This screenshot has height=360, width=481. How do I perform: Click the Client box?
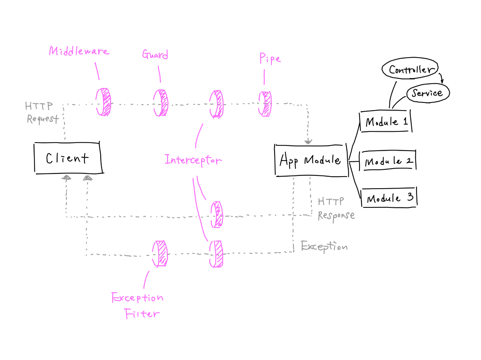pos(67,158)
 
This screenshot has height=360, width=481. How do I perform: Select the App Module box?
pos(311,160)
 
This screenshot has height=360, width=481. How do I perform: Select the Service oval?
pos(428,93)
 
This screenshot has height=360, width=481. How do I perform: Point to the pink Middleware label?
pos(79,51)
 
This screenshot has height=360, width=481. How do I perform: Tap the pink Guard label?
pos(155,54)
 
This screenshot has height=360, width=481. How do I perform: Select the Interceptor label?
pos(193,160)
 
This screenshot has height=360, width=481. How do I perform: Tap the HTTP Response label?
pos(336,208)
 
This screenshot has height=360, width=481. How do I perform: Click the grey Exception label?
pos(324,246)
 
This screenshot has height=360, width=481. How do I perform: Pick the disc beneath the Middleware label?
pos(103,102)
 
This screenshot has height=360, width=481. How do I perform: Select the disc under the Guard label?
pos(161,103)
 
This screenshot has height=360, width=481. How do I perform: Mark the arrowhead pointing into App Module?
pos(308,141)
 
